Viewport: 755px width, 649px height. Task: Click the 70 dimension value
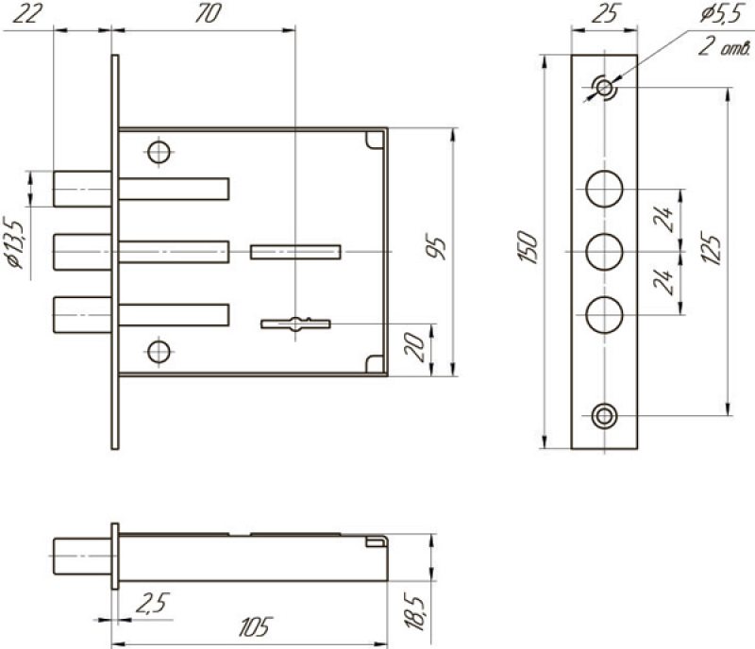point(208,13)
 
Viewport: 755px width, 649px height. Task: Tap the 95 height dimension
point(437,246)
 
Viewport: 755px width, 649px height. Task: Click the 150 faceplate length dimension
point(528,246)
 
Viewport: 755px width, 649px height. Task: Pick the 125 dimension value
point(712,248)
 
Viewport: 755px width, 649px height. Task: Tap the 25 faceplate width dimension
point(605,13)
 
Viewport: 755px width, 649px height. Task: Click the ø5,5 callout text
point(721,14)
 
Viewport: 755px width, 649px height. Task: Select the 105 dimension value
point(255,626)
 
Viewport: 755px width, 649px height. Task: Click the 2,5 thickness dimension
point(153,604)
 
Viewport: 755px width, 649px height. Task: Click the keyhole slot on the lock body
point(295,324)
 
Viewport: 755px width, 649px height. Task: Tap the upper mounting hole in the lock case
point(159,153)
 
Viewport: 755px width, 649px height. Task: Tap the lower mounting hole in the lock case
point(159,352)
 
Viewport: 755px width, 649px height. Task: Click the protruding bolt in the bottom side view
point(83,556)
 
